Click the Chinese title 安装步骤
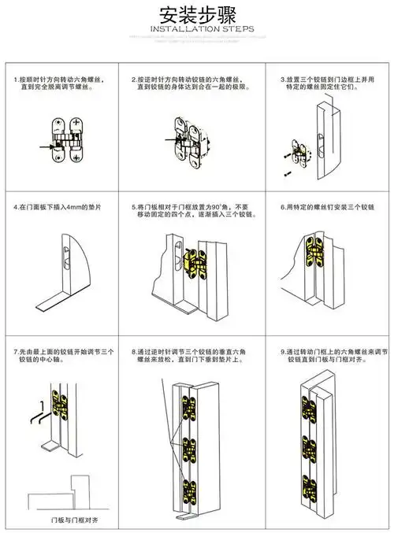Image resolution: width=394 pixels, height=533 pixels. point(196,15)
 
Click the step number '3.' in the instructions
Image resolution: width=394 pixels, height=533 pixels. point(284,80)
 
